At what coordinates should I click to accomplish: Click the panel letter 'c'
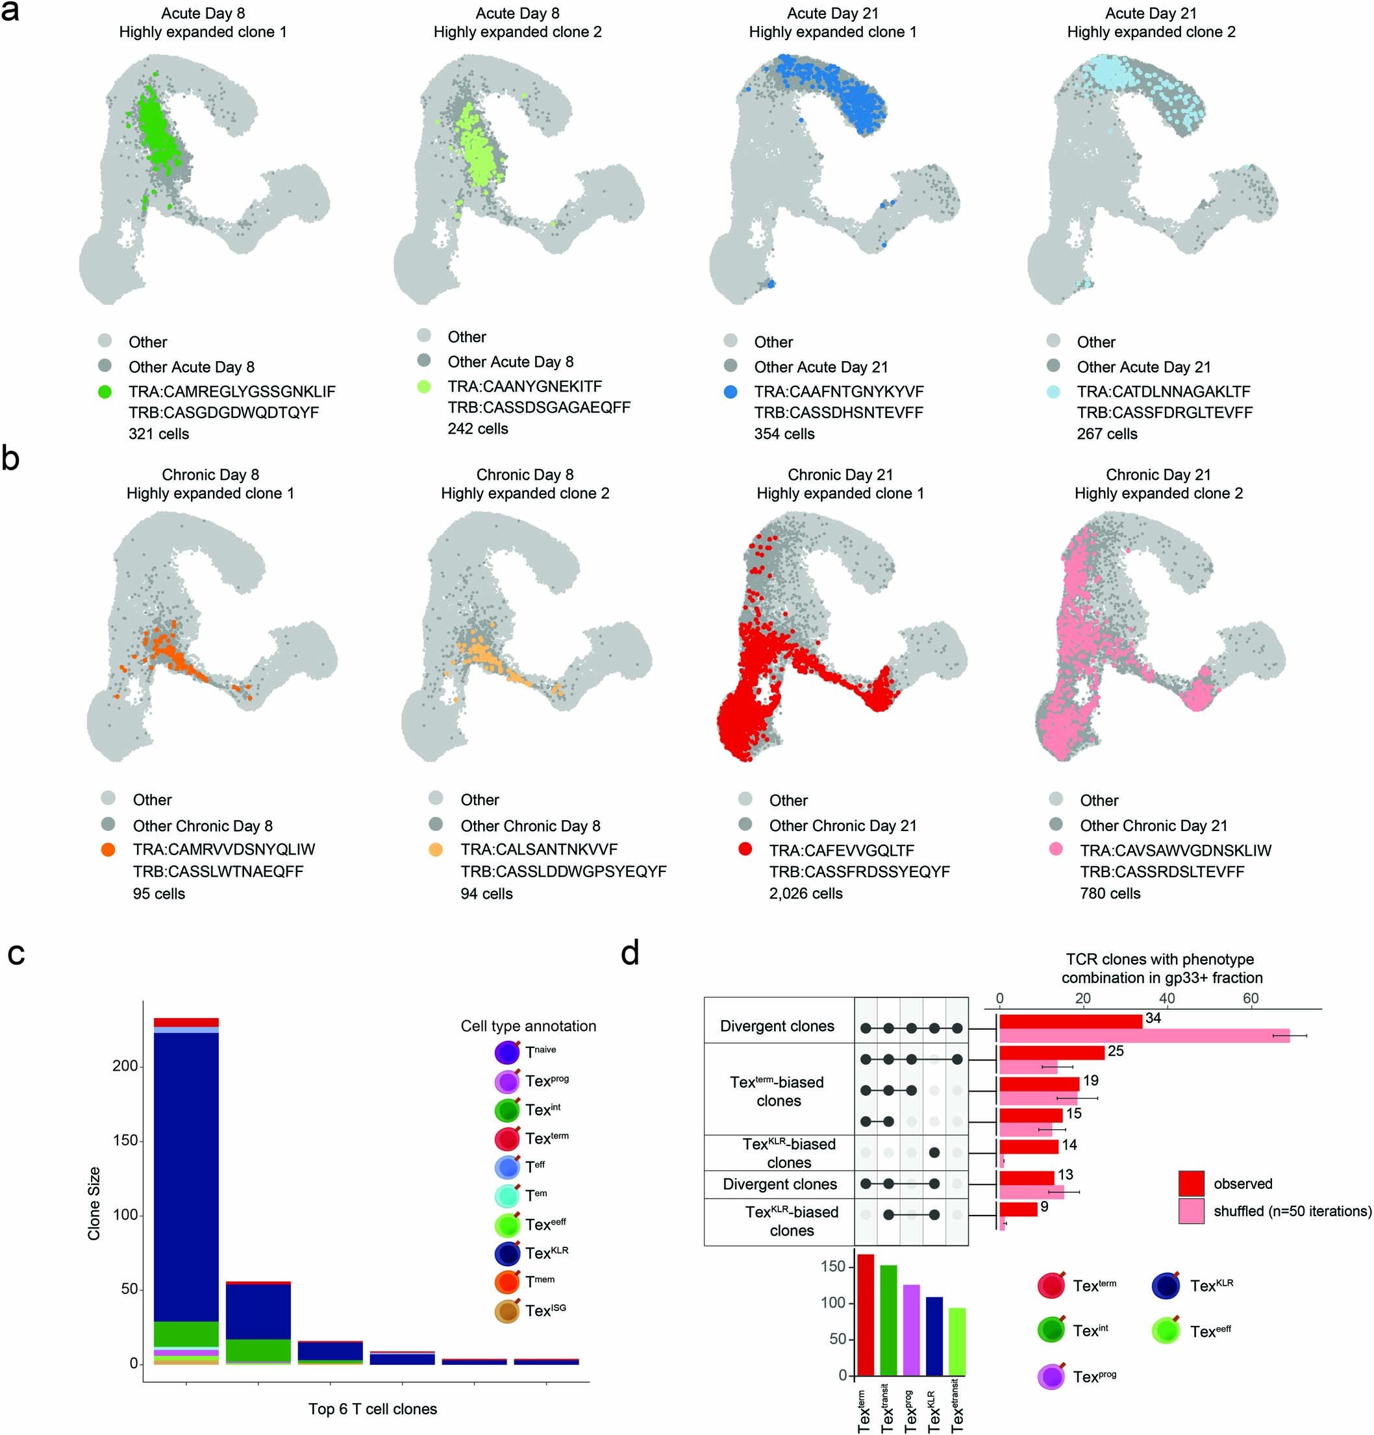(16, 954)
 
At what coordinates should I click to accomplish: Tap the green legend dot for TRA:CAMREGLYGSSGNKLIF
(105, 392)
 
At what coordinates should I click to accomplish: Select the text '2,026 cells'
(805, 893)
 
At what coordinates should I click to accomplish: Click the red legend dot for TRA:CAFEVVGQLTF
(745, 849)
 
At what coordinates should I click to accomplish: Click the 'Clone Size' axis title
(94, 1204)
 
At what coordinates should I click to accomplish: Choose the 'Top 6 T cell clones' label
(372, 1408)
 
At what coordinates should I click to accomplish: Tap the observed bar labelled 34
(1069, 1021)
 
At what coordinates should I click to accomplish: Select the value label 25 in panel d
(1115, 1051)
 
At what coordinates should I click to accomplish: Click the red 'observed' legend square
(1191, 1184)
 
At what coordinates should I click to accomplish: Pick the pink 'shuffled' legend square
(1191, 1211)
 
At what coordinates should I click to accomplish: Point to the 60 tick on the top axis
(1250, 998)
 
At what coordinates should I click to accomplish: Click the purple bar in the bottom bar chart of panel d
(910, 1330)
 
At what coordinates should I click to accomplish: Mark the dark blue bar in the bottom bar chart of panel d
(934, 1336)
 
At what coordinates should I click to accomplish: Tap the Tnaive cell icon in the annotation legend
(507, 1052)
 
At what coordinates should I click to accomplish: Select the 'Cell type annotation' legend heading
(528, 1026)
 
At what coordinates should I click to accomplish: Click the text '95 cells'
(159, 894)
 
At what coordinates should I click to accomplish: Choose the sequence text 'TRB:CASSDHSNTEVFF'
(838, 412)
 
